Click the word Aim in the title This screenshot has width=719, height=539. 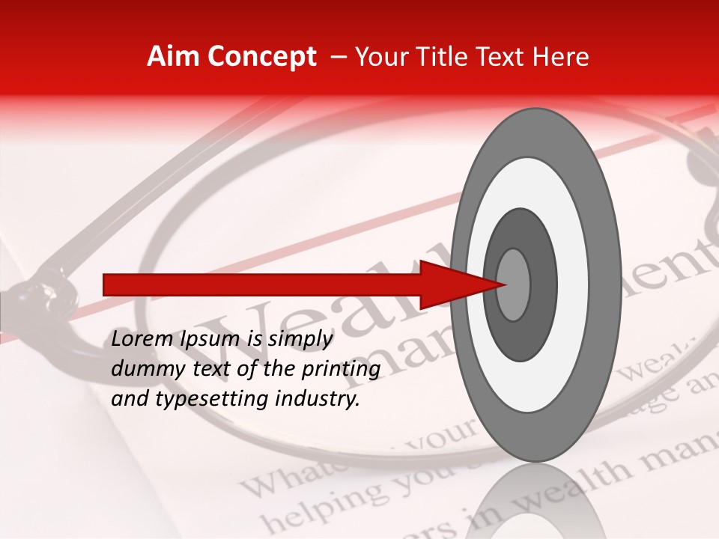[x=173, y=57]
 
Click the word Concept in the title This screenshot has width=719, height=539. [x=261, y=58]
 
